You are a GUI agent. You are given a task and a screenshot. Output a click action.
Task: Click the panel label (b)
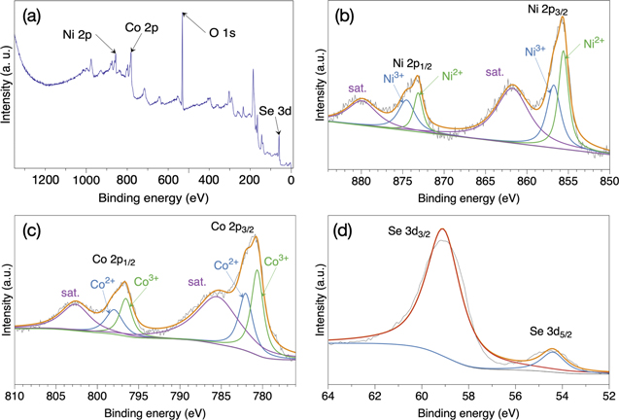(x=345, y=16)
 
